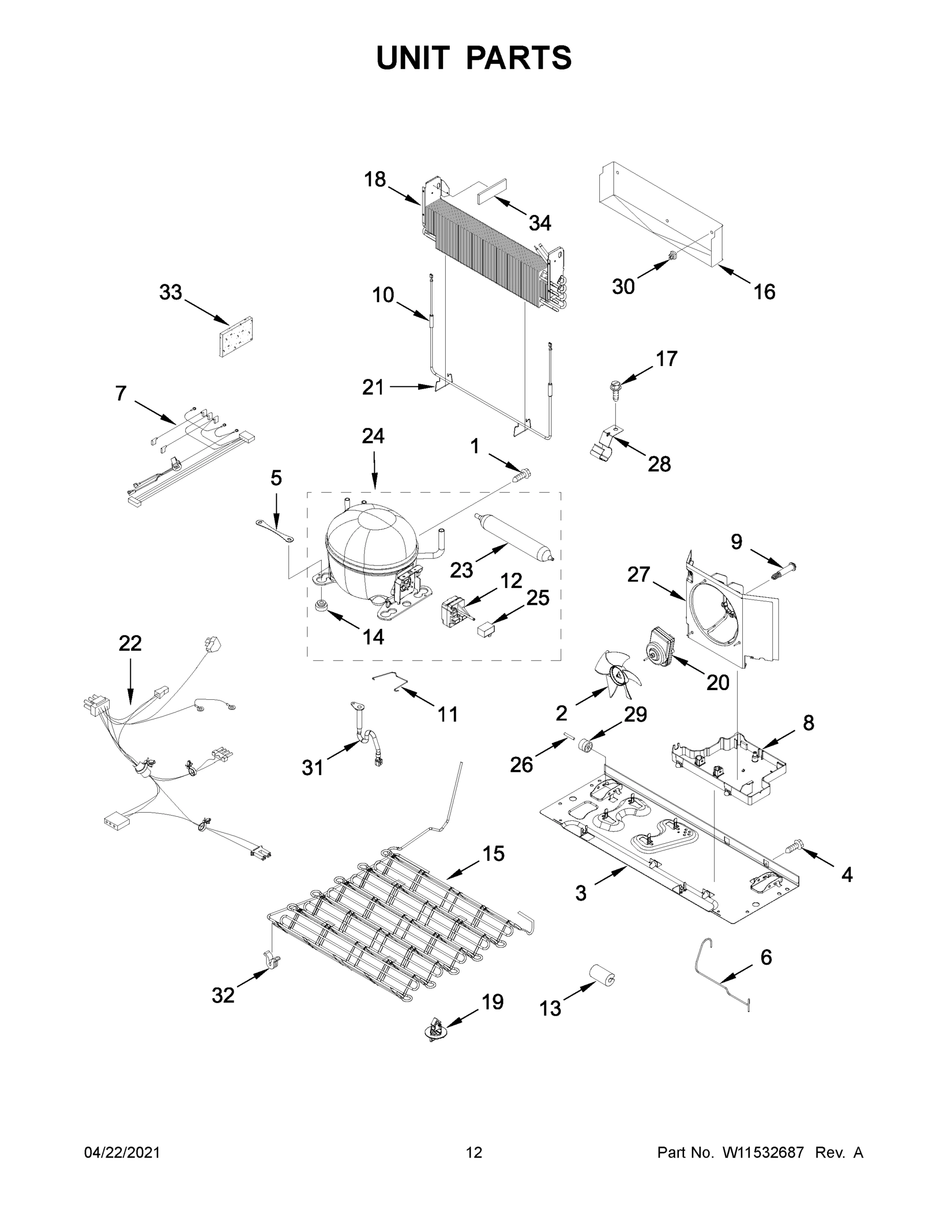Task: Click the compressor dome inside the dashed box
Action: click(370, 547)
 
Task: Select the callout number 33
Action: click(171, 292)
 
